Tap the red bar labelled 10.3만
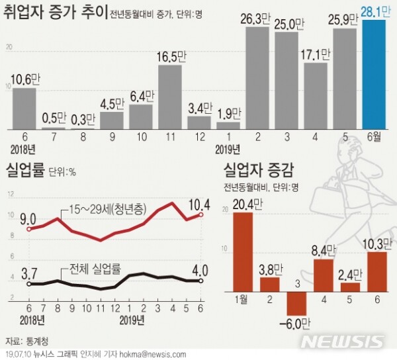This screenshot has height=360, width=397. (x=376, y=271)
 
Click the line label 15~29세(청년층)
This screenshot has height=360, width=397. (x=109, y=211)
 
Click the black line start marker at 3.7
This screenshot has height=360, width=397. (x=28, y=283)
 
